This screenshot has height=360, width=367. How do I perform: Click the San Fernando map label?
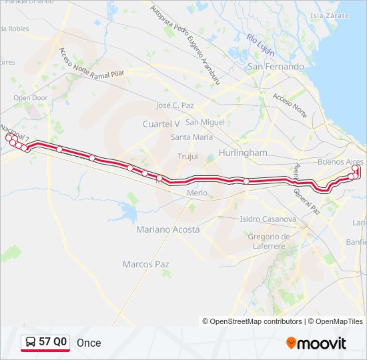click(276, 67)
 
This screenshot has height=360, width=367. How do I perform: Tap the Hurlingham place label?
click(242, 153)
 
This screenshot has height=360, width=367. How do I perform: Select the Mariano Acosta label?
click(167, 229)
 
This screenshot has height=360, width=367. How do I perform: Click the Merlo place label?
click(197, 193)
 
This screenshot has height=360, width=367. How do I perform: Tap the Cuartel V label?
click(161, 124)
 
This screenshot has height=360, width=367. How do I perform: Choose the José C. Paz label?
click(174, 105)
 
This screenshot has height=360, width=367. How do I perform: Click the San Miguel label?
click(205, 122)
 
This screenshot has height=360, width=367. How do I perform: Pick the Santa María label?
click(192, 137)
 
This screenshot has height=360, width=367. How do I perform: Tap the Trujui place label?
click(188, 156)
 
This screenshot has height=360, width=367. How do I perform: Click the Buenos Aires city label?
click(340, 162)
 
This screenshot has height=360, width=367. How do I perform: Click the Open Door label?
click(31, 98)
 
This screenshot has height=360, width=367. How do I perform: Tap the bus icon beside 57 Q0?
click(31, 343)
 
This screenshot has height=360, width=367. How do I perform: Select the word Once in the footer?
click(89, 343)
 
